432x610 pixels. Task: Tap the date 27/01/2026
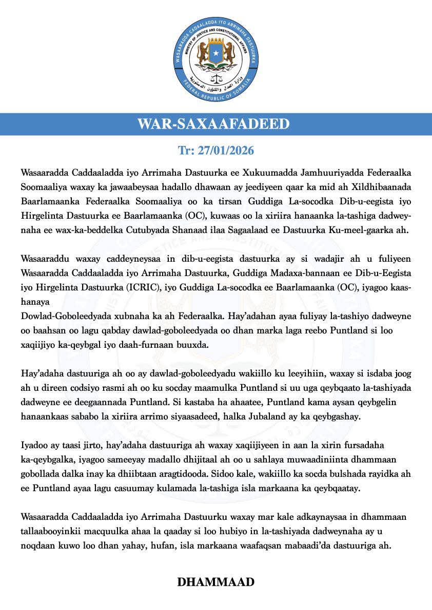[x=216, y=152]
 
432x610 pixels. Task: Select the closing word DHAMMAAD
[x=216, y=582]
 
